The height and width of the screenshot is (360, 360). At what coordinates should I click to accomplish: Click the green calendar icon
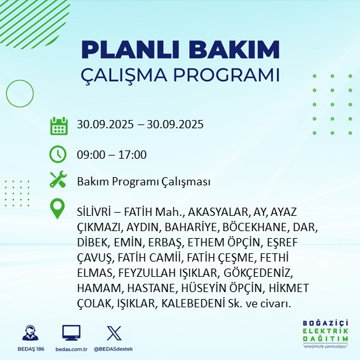click(58, 125)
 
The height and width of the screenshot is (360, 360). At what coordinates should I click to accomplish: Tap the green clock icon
click(58, 154)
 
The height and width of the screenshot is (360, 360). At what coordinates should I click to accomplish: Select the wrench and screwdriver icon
click(58, 181)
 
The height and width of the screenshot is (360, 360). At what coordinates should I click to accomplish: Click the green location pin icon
click(58, 210)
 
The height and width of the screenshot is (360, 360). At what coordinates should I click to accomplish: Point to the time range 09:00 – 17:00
click(112, 154)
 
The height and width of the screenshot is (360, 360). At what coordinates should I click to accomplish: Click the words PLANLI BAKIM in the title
click(180, 50)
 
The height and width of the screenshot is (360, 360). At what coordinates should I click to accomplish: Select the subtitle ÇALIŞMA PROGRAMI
click(180, 74)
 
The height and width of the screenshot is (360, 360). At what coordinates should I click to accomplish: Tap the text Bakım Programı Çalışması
click(143, 182)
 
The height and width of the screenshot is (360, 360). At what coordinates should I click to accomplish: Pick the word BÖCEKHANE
click(255, 227)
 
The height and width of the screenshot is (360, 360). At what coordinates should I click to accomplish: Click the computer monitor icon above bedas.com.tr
click(71, 332)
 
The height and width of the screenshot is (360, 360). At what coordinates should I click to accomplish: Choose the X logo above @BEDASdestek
click(112, 332)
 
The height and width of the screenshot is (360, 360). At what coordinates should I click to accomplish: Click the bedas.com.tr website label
click(71, 349)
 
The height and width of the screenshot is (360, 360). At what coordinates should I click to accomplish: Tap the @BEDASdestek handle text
click(112, 349)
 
